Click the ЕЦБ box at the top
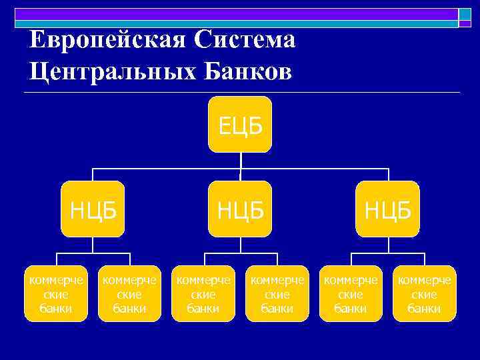[x=240, y=125]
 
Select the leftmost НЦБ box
[x=93, y=209]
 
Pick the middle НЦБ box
[x=240, y=209]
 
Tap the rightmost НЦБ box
[x=387, y=209]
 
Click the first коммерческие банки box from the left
[x=56, y=293]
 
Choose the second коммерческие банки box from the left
[x=129, y=293]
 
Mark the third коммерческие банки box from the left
[x=203, y=293]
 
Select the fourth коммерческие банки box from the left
[x=277, y=293]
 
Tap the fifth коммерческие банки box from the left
[x=351, y=293]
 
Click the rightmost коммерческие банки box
[x=424, y=293]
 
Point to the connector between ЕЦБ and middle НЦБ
[x=240, y=167]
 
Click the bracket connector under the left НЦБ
[x=93, y=253]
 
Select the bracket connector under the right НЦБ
[x=387, y=253]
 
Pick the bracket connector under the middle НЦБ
[x=240, y=253]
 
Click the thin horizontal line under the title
[x=240, y=92]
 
